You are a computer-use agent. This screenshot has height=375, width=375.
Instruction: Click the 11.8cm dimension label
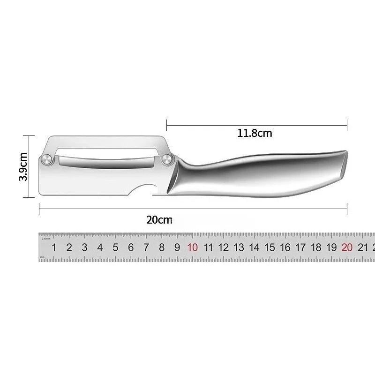(x=255, y=133)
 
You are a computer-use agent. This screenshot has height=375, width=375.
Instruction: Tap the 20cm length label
(x=159, y=219)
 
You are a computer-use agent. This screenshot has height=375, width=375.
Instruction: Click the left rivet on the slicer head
(x=47, y=159)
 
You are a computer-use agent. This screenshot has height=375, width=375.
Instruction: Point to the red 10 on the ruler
(x=192, y=248)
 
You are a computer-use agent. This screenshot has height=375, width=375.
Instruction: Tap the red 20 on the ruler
(x=347, y=248)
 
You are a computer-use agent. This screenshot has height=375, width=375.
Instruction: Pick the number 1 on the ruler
(x=54, y=248)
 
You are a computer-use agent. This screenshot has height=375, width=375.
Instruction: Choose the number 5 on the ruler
(x=115, y=248)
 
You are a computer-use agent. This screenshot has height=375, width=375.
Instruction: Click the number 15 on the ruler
(x=270, y=248)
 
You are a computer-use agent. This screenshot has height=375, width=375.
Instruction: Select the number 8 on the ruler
(x=162, y=248)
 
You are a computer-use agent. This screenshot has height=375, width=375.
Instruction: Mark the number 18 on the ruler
(x=316, y=248)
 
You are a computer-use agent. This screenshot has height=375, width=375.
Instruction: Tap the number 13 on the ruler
(x=239, y=248)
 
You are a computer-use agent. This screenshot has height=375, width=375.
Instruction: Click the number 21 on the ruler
(x=362, y=248)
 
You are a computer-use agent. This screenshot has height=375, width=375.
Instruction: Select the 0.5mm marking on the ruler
(x=45, y=239)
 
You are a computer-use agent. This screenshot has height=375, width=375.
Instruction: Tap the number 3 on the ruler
(x=84, y=248)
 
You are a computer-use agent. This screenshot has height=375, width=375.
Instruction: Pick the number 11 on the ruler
(x=208, y=248)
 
